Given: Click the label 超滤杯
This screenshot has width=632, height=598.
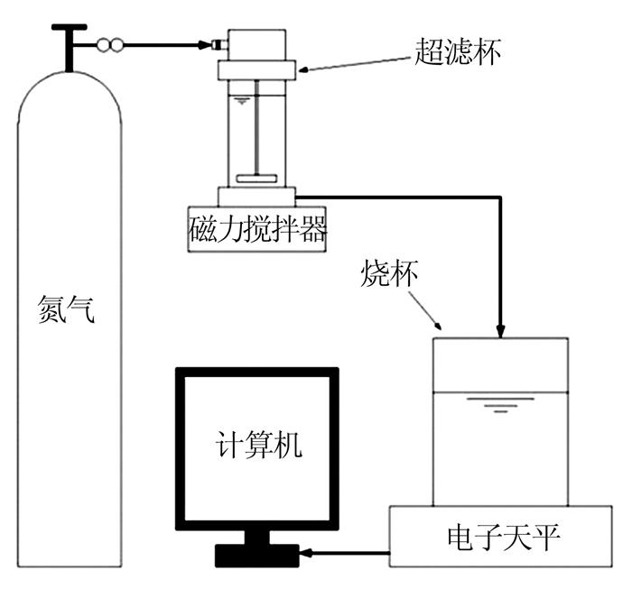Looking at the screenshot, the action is (458, 52).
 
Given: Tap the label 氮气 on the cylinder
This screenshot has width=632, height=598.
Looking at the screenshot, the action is (67, 308).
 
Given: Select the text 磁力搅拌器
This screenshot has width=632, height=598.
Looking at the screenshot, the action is (257, 229).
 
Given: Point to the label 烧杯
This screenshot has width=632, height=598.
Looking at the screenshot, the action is (388, 273).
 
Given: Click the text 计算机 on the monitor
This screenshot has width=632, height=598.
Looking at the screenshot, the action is (259, 445).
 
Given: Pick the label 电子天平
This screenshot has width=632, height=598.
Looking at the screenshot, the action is (504, 538).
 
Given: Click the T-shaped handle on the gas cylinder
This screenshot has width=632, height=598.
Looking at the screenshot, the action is (70, 46).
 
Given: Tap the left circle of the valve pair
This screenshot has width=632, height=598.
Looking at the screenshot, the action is (104, 45).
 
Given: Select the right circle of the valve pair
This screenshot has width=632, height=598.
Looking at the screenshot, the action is (116, 45).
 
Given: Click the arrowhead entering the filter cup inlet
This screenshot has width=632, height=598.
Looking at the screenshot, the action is (206, 45).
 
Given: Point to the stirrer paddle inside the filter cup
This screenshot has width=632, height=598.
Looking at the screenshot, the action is (256, 179).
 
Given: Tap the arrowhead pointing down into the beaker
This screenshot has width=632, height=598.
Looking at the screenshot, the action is (500, 331).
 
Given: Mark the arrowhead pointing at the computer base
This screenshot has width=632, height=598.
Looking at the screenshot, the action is (306, 553).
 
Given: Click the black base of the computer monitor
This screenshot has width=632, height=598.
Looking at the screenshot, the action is (257, 556).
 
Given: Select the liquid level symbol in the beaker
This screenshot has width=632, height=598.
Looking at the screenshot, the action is (500, 405).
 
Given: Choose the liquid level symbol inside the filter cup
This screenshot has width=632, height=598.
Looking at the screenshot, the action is (242, 101).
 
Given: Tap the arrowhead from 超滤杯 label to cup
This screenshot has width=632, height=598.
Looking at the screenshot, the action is (303, 70).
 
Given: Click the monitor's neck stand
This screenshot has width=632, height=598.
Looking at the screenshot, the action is (257, 538).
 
